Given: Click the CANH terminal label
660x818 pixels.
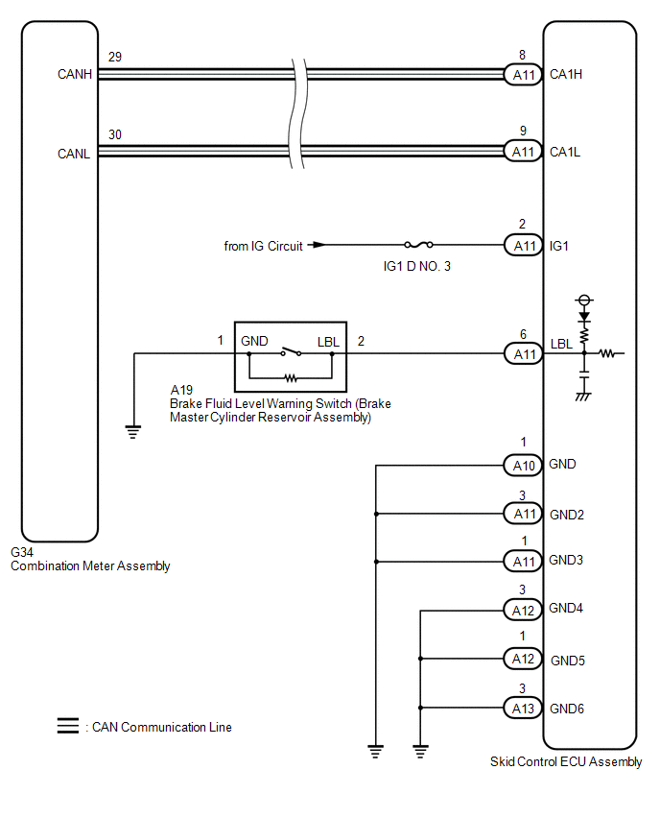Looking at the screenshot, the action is [x=75, y=75].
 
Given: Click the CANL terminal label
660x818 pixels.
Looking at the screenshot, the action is [x=74, y=154].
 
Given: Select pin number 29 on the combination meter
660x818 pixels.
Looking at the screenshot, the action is [x=115, y=57].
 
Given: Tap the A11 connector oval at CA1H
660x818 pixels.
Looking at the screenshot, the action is [x=524, y=75].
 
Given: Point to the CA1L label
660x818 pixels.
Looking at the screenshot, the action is [x=565, y=152].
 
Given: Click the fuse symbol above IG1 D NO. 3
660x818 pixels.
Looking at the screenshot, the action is [x=418, y=244].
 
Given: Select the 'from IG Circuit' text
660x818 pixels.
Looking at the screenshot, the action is [x=263, y=246].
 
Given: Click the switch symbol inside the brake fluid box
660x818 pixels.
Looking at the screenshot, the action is [x=291, y=351].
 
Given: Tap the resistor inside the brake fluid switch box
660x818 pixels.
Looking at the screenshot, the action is [x=291, y=377].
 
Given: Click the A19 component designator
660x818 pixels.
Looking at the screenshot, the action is [x=181, y=390].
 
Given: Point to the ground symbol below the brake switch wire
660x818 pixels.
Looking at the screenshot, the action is [x=133, y=432].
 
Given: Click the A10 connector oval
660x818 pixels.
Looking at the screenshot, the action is [x=524, y=466].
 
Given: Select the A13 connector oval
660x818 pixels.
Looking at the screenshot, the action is [x=524, y=709].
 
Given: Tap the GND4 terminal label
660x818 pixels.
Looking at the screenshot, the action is [x=566, y=609].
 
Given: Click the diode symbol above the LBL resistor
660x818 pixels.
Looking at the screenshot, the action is [x=584, y=317].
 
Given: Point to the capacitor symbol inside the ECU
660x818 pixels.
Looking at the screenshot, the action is [x=584, y=374].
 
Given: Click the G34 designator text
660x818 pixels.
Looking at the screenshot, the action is [x=22, y=552].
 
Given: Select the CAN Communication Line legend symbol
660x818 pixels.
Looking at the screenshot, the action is [x=68, y=726].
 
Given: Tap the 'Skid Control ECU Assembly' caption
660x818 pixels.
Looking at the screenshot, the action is [x=566, y=761].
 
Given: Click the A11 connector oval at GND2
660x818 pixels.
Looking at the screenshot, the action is [x=524, y=514].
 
